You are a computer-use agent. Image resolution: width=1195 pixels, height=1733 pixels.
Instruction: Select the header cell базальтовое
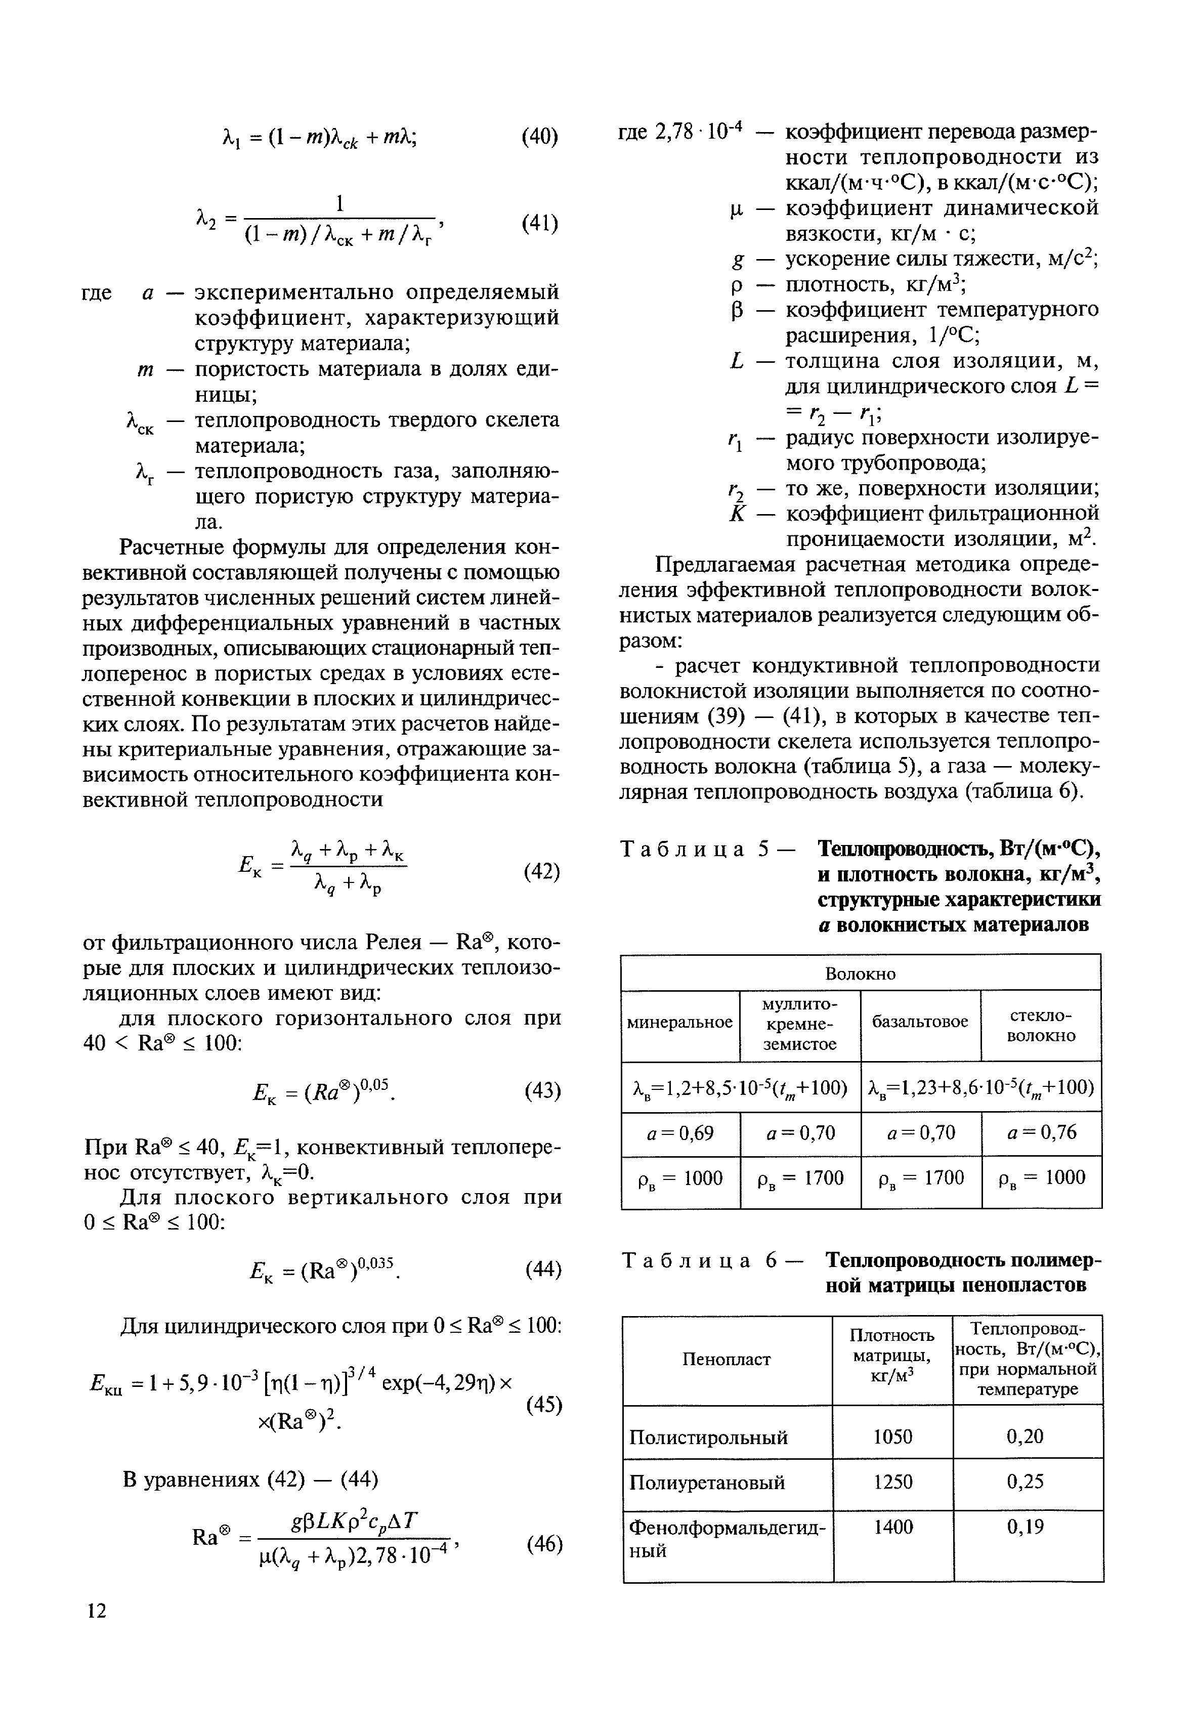click(920, 1022)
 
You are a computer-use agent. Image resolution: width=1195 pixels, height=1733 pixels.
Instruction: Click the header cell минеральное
click(680, 1022)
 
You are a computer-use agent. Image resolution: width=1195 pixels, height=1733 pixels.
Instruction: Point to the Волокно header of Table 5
click(860, 974)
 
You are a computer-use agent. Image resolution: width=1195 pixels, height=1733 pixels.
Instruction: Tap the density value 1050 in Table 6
click(892, 1436)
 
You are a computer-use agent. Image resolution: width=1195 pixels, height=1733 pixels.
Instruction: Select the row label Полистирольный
click(708, 1437)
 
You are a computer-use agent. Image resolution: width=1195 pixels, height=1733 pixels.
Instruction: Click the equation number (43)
click(542, 1090)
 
